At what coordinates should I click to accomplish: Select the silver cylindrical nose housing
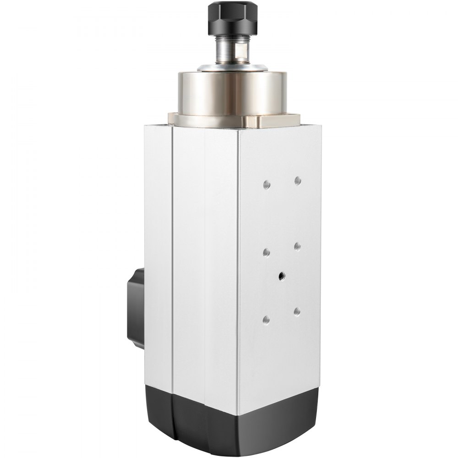click(x=232, y=94)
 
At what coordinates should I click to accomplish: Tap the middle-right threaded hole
click(x=297, y=246)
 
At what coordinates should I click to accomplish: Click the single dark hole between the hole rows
click(x=281, y=276)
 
